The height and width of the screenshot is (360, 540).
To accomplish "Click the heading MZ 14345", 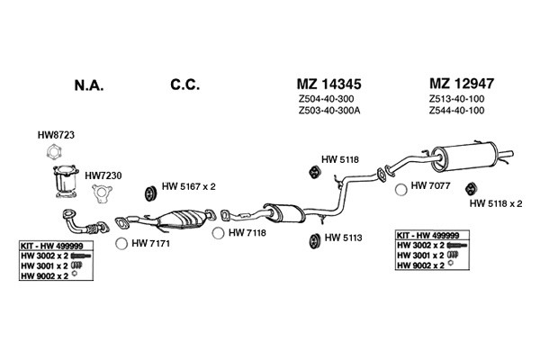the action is [328, 84].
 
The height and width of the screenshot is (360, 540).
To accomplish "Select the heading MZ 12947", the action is [462, 84].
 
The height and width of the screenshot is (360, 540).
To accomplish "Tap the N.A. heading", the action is [89, 85].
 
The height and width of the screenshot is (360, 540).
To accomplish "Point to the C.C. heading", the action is [184, 85].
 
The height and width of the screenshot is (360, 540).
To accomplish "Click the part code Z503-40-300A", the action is [329, 111].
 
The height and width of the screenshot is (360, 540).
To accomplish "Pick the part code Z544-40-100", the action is [456, 111].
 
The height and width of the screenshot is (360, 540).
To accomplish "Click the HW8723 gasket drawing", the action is [54, 152].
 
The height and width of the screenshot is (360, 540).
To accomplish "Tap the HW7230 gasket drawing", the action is [102, 193].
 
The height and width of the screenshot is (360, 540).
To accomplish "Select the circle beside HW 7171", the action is [121, 244].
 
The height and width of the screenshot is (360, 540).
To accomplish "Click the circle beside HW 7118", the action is [218, 233].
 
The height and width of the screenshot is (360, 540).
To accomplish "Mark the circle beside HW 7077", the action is [400, 190].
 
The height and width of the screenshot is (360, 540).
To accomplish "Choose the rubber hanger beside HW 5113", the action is [313, 241].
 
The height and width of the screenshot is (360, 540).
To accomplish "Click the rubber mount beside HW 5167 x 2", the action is [150, 193].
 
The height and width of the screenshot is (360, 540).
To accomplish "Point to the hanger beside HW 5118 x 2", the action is [471, 188].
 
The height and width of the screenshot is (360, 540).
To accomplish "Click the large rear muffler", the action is [463, 157].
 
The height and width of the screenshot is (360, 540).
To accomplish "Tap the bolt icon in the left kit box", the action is [81, 256].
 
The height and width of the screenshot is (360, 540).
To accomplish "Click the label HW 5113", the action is [344, 238].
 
